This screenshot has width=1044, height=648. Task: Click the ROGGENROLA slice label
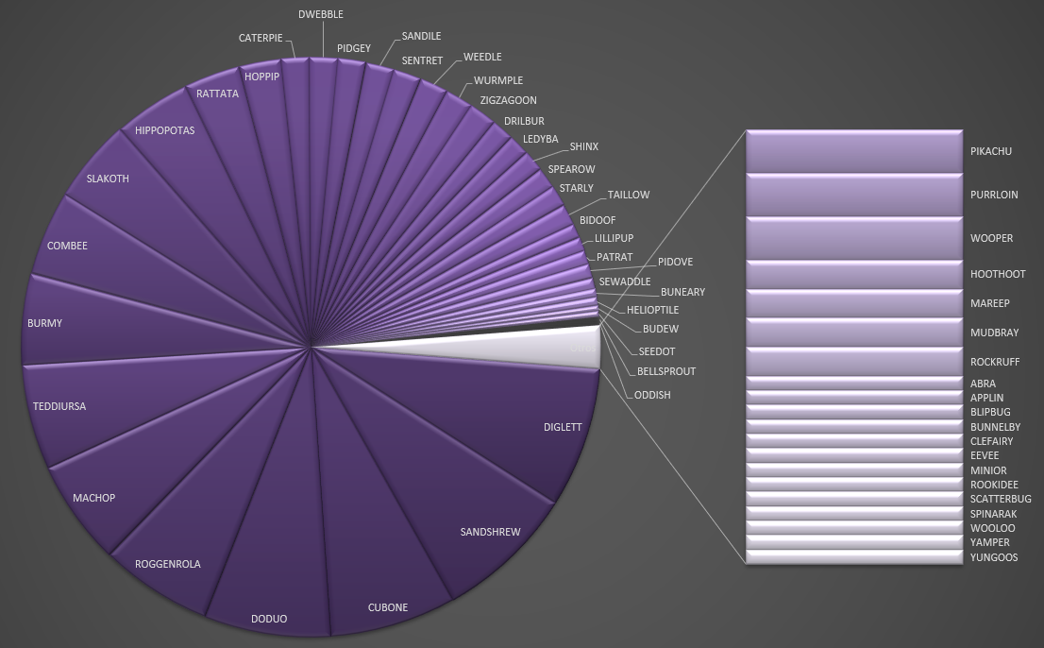click(168, 564)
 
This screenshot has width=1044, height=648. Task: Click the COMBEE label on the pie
click(67, 246)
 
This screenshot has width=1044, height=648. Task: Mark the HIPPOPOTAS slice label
click(164, 130)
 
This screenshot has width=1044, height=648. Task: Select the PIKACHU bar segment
click(853, 151)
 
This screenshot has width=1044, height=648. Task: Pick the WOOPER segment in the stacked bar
click(853, 238)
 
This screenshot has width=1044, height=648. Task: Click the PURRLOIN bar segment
click(853, 195)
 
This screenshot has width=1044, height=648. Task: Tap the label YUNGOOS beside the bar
click(994, 557)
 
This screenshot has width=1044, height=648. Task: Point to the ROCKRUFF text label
click(995, 362)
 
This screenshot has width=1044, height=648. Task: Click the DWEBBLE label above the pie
click(321, 14)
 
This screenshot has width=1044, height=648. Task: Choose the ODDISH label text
click(652, 395)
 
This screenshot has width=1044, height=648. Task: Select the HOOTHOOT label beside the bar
click(998, 274)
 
